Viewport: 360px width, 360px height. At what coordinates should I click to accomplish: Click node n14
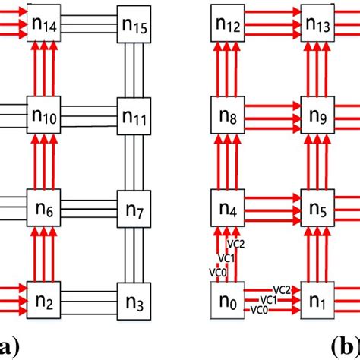click(44, 25)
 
